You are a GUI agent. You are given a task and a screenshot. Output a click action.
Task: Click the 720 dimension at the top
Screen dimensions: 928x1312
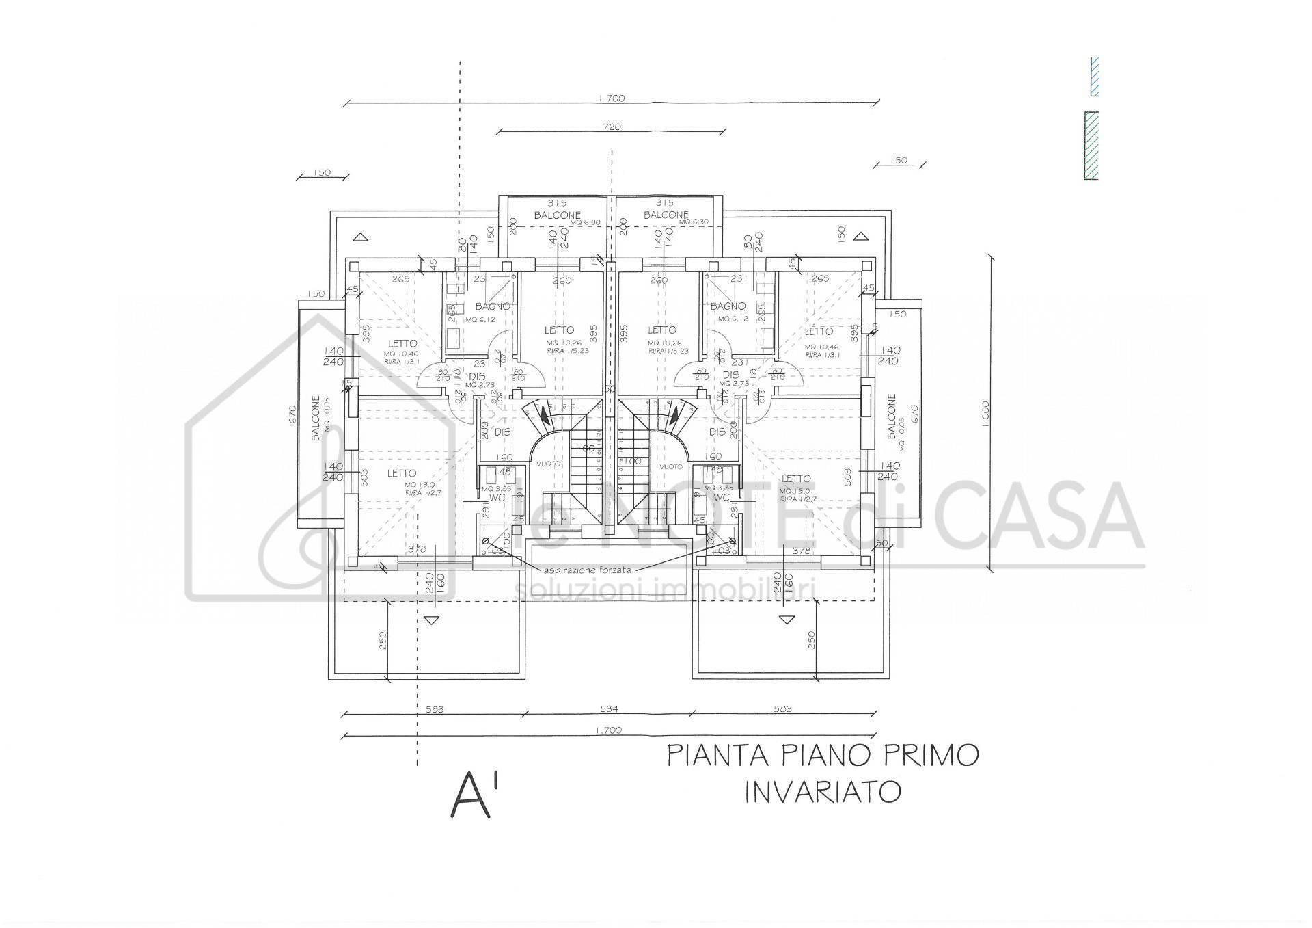point(612,127)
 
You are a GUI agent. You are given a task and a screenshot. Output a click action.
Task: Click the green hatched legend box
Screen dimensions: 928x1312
point(1091,146)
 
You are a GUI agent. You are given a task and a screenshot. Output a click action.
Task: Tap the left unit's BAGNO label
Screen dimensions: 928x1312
point(493,306)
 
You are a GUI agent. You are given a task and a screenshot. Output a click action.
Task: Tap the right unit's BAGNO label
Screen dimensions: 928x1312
point(727,306)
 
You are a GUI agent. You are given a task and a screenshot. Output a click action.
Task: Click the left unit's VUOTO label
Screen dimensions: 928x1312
point(548,464)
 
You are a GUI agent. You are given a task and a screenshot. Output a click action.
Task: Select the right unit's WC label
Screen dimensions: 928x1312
point(722,497)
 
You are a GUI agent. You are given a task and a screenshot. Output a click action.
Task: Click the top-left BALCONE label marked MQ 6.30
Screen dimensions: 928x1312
point(557,215)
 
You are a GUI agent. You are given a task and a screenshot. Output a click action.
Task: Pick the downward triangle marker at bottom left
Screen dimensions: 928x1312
point(429,620)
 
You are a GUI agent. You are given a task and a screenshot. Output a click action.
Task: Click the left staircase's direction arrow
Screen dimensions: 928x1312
point(544,414)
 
